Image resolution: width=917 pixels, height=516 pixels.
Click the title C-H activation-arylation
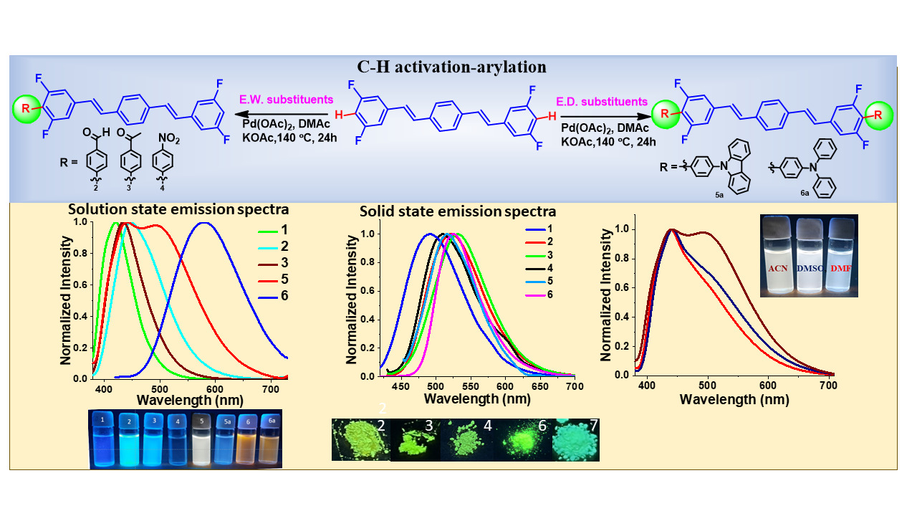click(x=451, y=67)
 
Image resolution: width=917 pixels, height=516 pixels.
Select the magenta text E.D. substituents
click(x=605, y=102)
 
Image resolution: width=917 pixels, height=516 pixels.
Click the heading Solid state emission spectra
click(x=458, y=211)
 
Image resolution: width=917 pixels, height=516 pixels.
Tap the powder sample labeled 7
click(x=575, y=439)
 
